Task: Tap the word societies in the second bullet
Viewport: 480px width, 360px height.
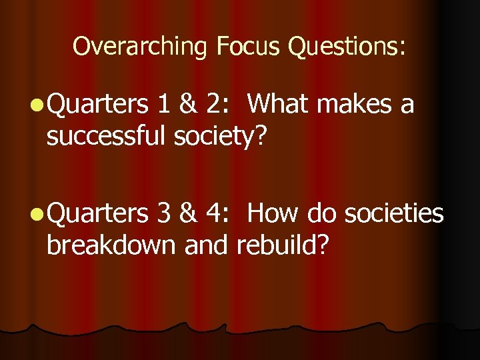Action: pos(393,213)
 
